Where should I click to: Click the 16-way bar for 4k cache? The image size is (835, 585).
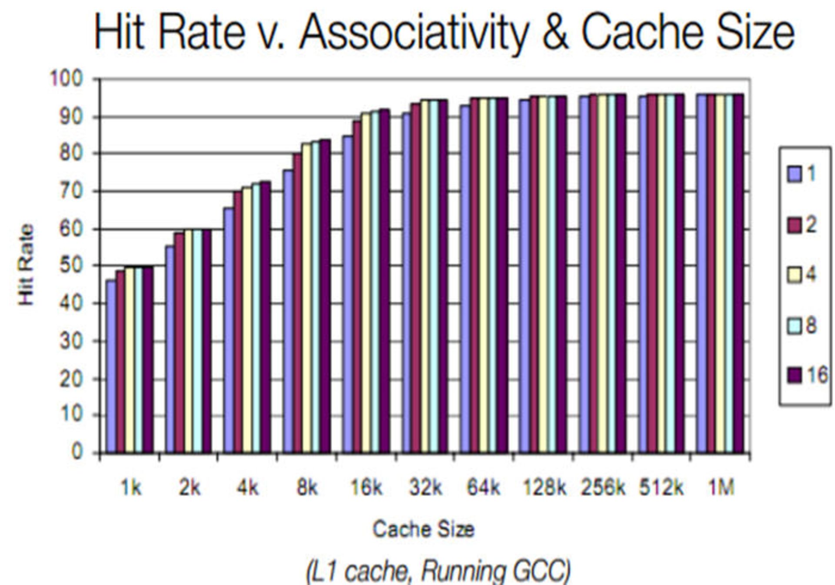click(265, 318)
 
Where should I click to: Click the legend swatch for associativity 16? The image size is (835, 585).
click(794, 375)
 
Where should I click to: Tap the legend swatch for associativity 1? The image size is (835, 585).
click(794, 175)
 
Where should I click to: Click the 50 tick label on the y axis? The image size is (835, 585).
click(70, 266)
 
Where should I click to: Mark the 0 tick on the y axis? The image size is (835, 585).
click(77, 452)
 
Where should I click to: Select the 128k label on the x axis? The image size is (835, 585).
click(544, 488)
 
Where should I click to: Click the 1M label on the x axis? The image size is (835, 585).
click(721, 488)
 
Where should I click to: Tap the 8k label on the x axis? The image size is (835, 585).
click(307, 488)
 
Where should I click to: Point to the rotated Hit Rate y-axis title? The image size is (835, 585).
click(26, 265)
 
